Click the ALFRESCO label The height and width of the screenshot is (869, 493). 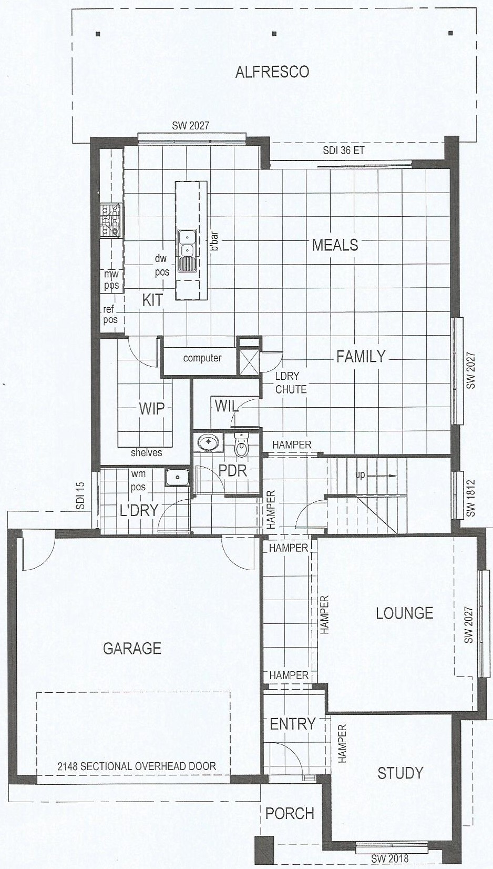click(272, 72)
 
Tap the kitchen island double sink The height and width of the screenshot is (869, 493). click(187, 250)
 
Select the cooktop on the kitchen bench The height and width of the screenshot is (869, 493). click(111, 220)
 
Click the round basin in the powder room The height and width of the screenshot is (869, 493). click(209, 441)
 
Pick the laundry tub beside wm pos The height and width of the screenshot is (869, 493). click(177, 477)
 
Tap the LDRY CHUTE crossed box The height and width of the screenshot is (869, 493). click(249, 361)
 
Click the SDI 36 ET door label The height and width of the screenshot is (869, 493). click(344, 150)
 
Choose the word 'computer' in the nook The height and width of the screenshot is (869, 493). click(202, 358)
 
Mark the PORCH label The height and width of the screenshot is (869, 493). click(290, 814)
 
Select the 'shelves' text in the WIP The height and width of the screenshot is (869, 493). click(146, 452)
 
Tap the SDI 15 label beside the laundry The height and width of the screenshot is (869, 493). click(80, 496)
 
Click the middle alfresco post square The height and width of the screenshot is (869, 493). click(274, 33)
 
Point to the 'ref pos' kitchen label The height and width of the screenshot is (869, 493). click(110, 315)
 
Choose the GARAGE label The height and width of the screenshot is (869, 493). click(132, 648)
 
